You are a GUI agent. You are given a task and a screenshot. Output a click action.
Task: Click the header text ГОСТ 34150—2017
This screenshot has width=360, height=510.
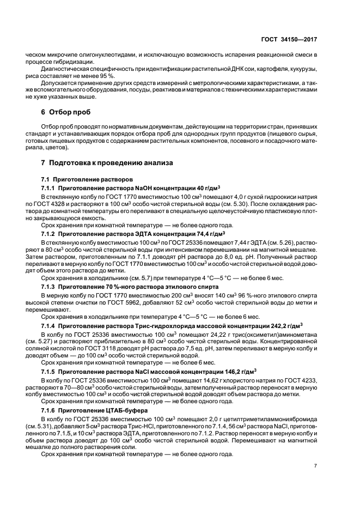[289, 40]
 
